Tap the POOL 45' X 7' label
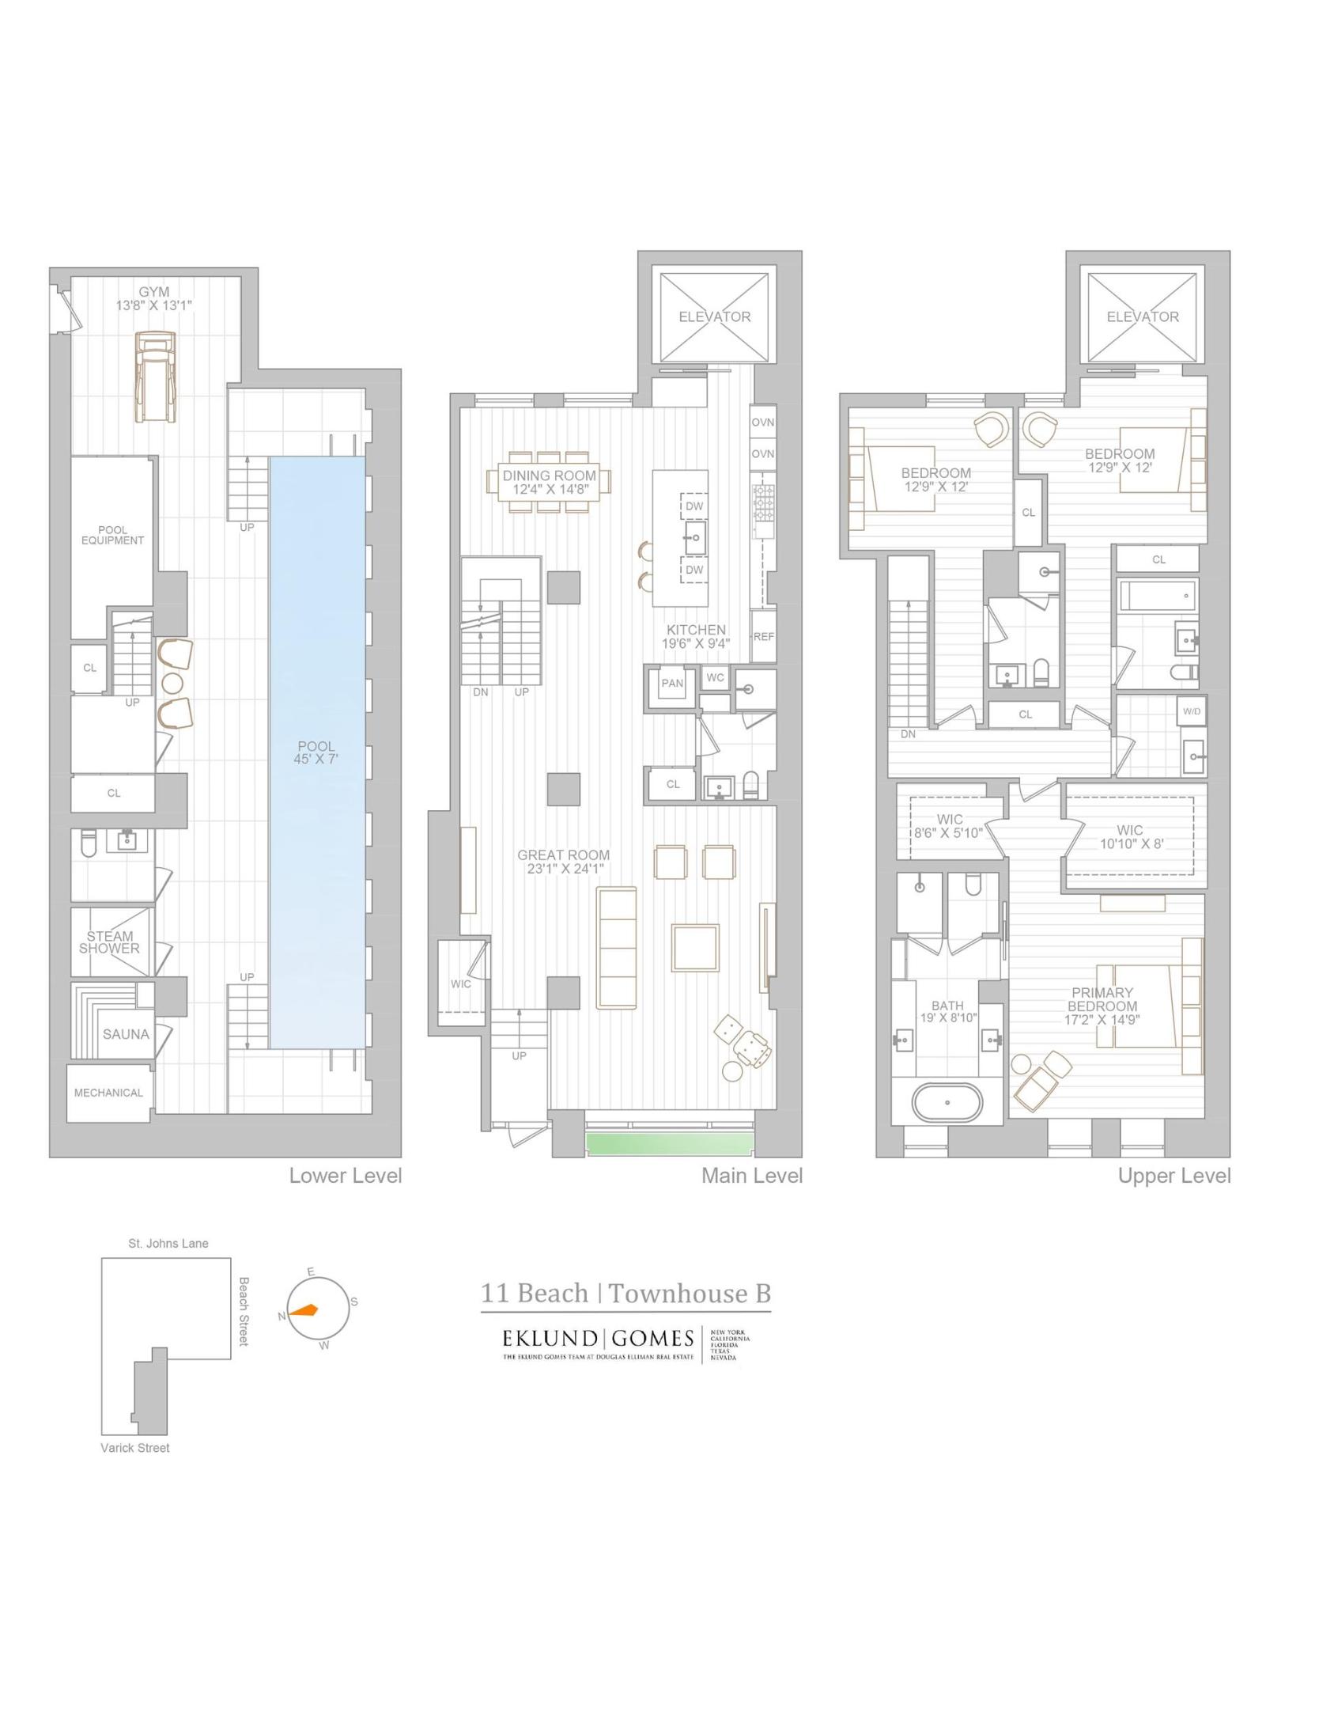point(316,752)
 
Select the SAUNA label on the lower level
point(126,1034)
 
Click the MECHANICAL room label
point(108,1093)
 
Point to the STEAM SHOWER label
point(109,942)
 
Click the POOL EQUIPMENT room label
point(112,536)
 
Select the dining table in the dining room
point(550,482)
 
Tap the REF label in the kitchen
point(763,636)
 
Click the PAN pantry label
point(672,684)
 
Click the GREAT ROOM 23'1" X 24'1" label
point(563,862)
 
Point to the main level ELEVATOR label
point(714,316)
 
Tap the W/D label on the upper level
point(1192,711)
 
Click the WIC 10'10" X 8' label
point(1130,836)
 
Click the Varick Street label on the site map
point(135,1448)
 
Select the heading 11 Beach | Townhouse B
point(625,1294)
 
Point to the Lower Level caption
point(346,1176)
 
